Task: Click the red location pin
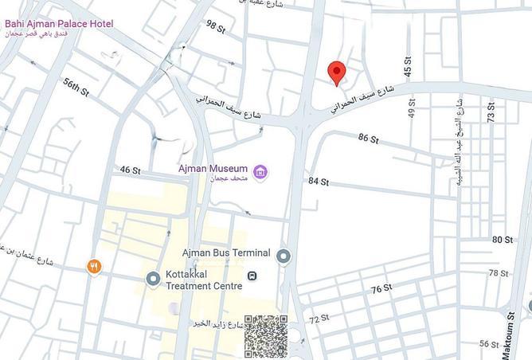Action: click(337, 72)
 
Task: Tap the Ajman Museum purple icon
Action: click(260, 171)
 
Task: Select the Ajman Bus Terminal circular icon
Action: click(284, 255)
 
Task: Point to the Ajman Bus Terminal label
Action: click(226, 253)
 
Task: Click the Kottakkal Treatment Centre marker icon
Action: click(153, 278)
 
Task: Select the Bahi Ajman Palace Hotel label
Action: click(59, 24)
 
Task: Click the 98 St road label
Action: click(216, 26)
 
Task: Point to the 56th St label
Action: click(76, 87)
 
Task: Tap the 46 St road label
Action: click(130, 170)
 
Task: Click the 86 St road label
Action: click(368, 139)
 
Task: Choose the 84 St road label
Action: click(319, 182)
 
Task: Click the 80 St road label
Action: click(502, 240)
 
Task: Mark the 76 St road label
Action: click(381, 288)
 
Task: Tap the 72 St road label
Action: click(319, 319)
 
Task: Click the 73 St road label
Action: click(491, 112)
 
